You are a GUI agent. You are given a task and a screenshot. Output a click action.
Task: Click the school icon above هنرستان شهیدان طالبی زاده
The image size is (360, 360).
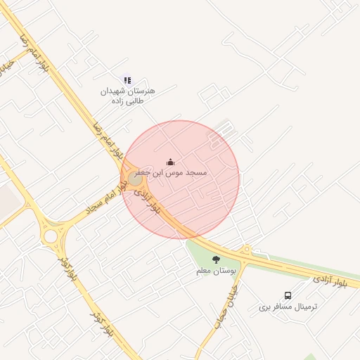127,81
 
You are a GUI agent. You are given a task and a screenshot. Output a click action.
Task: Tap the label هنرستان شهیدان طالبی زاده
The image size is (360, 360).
127,96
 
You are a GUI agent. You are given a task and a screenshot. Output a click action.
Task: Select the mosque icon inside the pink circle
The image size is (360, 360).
170,162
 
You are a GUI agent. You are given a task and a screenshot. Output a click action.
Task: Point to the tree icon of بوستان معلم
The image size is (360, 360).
216,259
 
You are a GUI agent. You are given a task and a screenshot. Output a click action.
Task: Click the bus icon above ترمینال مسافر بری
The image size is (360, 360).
288,296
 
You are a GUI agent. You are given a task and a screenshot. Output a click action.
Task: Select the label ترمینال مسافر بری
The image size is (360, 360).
288,307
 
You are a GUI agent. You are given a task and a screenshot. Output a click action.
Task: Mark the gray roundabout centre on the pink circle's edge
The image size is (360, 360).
134,178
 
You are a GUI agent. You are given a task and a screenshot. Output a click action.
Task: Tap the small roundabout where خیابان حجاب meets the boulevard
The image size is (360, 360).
245,250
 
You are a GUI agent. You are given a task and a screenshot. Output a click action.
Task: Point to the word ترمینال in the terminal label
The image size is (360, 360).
304,307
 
